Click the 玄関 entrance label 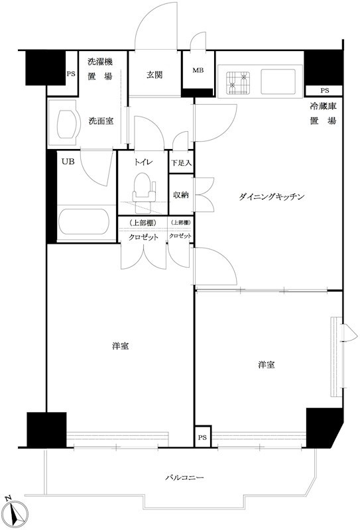pos(156,74)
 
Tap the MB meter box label pos(199,70)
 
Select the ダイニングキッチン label pos(272,197)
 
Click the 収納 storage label pos(181,195)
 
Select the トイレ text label pos(143,162)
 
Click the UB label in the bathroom pos(68,161)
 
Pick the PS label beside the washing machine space pos(70,75)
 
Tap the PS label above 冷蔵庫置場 pos(324,90)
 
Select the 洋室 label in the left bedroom pos(120,346)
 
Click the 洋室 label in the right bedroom pos(267,365)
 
